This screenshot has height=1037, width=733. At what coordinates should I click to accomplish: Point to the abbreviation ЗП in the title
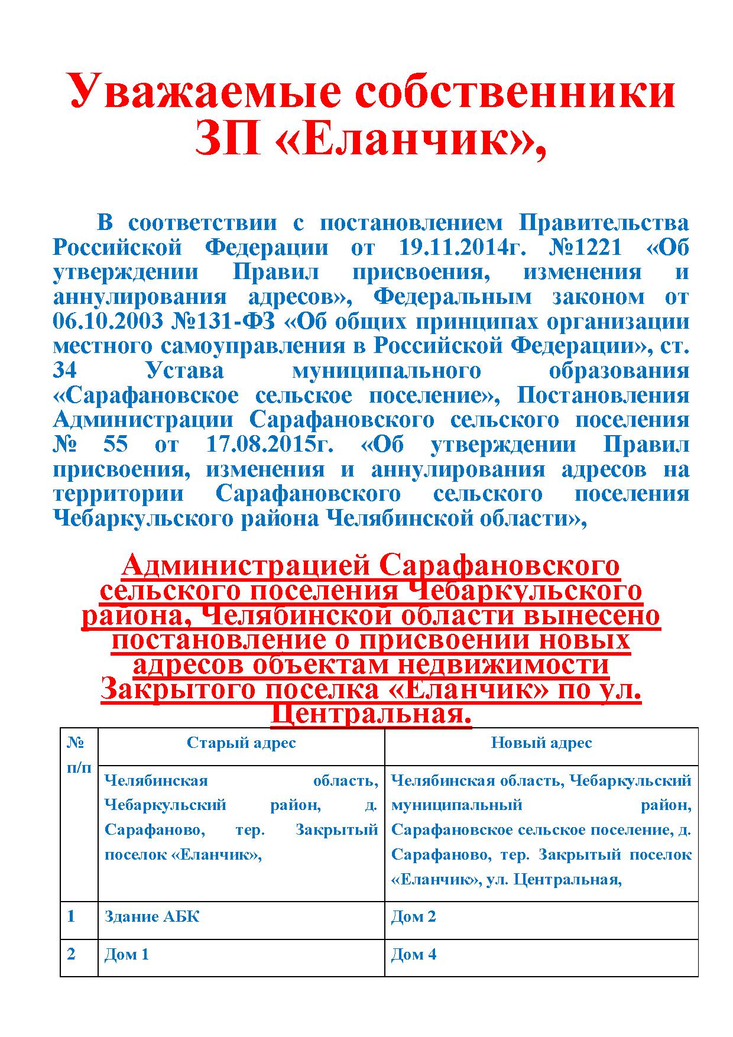tap(228, 141)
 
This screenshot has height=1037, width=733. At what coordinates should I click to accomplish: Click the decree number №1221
tap(585, 247)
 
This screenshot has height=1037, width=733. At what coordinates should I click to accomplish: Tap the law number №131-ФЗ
tap(224, 322)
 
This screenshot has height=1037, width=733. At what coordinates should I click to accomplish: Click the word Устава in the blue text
tap(185, 371)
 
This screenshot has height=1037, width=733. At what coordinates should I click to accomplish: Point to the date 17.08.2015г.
tap(270, 445)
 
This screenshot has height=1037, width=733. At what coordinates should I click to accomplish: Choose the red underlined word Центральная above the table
tap(371, 714)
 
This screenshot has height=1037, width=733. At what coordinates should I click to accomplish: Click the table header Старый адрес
tap(241, 743)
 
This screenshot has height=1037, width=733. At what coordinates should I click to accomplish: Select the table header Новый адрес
tap(541, 743)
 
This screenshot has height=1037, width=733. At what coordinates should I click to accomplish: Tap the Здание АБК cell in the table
tap(152, 917)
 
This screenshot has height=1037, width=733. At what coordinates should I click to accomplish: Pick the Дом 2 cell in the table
tap(413, 917)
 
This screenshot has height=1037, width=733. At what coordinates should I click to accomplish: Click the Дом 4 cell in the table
tap(414, 955)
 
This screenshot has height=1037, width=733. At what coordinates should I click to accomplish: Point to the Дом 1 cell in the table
tap(127, 955)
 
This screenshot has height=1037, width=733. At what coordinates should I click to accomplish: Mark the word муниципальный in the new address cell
tap(457, 805)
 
